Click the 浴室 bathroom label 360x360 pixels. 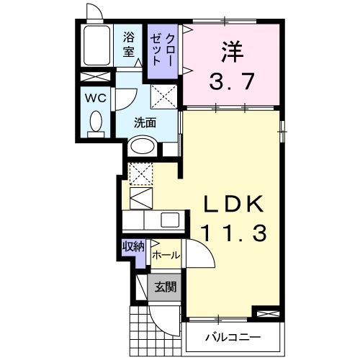tap(129, 43)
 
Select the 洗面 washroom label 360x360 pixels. tap(145, 122)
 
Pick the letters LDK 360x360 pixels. tap(232, 204)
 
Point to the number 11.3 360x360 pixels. tap(232, 233)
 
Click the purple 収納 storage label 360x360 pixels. tap(133, 246)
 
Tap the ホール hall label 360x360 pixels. tap(166, 256)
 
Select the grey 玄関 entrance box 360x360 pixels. tap(165, 287)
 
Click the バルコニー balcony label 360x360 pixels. tap(232, 337)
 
